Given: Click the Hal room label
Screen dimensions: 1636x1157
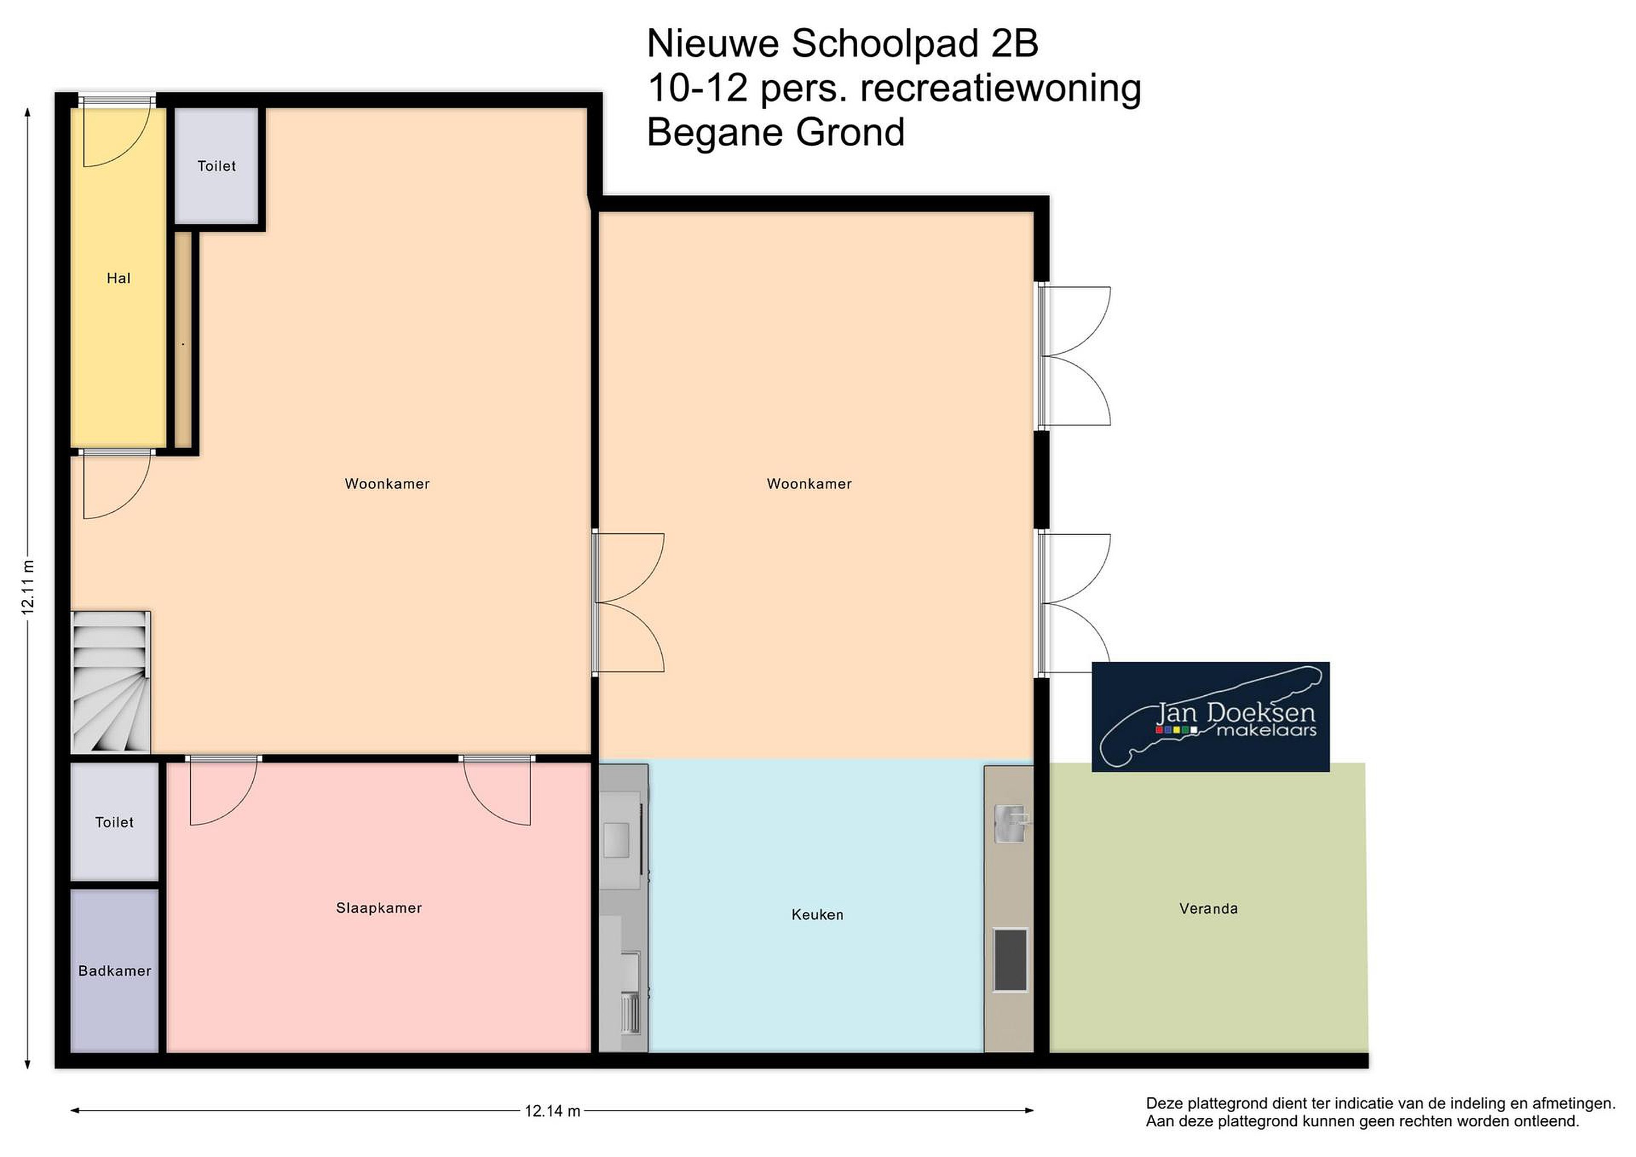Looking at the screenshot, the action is [x=118, y=278].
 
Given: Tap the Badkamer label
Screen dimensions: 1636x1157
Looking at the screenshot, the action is [x=115, y=971].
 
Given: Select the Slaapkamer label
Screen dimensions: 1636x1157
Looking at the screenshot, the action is [x=379, y=908].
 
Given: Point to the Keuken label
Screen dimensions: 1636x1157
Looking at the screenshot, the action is [x=817, y=915].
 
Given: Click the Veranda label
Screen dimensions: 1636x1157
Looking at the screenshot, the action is [x=1208, y=909].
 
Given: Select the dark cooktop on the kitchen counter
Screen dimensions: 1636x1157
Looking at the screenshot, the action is [x=1011, y=960].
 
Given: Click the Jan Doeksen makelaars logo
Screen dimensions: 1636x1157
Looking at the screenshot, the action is [x=1211, y=717].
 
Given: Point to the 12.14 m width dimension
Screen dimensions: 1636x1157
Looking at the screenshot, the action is [x=552, y=1110].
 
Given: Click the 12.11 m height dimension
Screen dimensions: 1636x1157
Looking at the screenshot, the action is [x=28, y=588].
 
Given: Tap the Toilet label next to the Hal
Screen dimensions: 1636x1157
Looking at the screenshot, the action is [x=216, y=166].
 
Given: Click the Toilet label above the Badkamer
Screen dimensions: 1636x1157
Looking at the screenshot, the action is [x=114, y=822].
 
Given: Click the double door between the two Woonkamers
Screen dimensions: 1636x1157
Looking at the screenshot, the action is [x=628, y=603].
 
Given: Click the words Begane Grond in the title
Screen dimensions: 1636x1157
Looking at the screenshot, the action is [x=776, y=132].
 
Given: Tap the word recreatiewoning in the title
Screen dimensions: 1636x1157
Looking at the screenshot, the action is [x=1000, y=89].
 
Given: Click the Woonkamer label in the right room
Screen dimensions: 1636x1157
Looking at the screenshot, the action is [x=809, y=484].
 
